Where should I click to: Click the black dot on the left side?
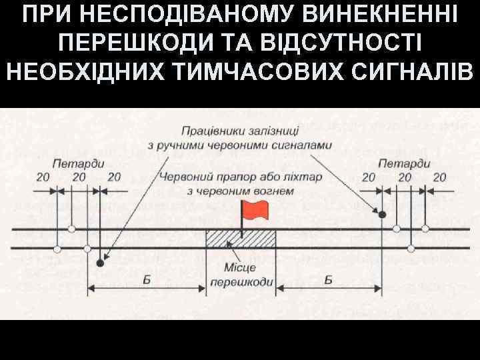[x=100, y=263]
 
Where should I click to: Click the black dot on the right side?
[x=382, y=214]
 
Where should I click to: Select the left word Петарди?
[x=70, y=163]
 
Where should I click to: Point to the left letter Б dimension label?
[x=147, y=280]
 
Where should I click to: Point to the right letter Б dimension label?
[x=329, y=280]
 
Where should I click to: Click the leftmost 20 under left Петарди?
[x=43, y=177]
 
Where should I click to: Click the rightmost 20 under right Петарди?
[x=439, y=177]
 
